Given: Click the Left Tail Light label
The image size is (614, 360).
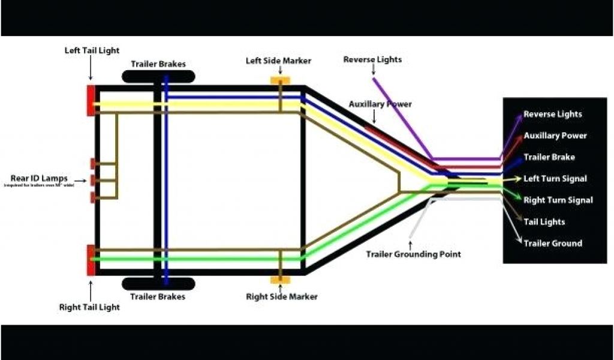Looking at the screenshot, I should [x=92, y=50].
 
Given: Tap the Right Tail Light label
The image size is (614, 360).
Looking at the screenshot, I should [x=89, y=307].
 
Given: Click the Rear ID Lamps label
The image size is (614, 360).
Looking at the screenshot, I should [x=39, y=178].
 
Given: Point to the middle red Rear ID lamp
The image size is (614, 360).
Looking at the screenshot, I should [x=93, y=179].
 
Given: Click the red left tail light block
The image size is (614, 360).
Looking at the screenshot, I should [x=91, y=100].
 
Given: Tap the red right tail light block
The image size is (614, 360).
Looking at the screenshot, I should [x=91, y=259].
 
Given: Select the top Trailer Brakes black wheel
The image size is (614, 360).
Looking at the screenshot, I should [x=158, y=77].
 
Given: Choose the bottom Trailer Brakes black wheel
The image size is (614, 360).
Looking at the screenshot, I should [x=158, y=283].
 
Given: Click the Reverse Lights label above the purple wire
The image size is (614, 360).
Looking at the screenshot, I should [x=372, y=59].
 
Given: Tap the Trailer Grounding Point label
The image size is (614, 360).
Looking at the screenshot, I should [x=413, y=254].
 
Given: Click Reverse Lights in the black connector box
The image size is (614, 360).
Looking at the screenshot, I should [x=552, y=114].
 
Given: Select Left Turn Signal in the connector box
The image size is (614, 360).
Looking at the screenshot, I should [x=555, y=179].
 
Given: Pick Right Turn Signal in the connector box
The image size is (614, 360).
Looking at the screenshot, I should [x=557, y=200].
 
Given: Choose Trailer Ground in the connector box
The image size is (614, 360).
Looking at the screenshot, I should [x=552, y=244].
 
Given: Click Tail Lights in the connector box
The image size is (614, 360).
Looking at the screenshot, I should [x=544, y=222].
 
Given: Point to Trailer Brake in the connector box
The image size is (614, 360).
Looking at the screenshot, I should [x=549, y=157].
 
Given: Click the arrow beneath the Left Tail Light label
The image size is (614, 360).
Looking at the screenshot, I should [x=91, y=71].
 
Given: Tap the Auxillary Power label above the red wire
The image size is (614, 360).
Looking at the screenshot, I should [x=380, y=104].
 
